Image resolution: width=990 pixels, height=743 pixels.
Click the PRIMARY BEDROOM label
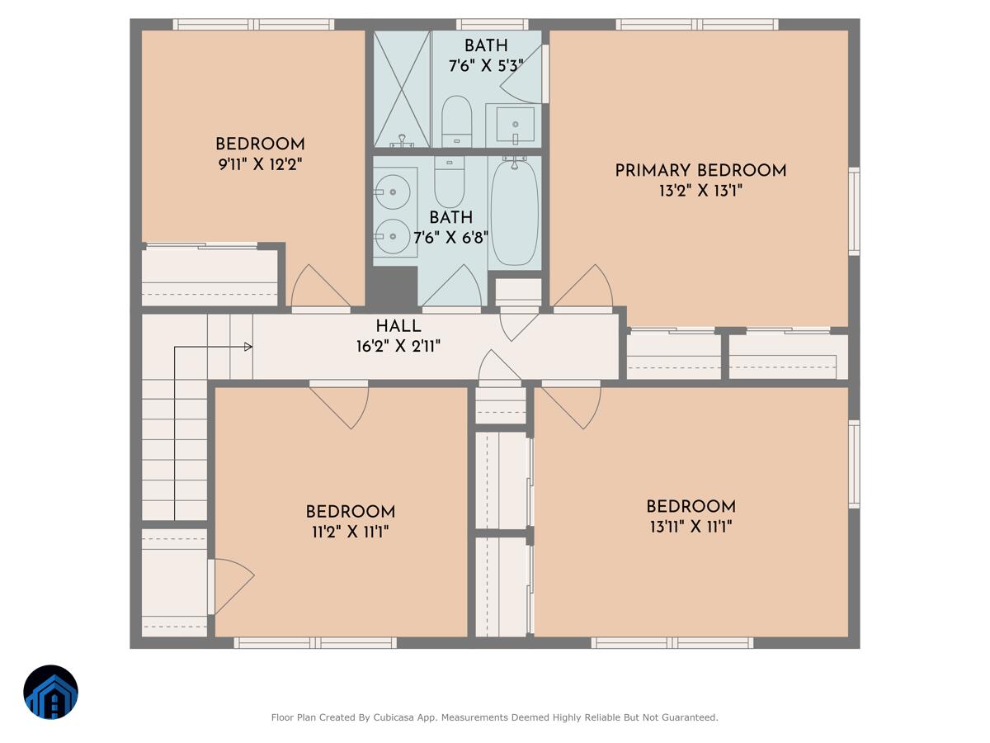point(700,171)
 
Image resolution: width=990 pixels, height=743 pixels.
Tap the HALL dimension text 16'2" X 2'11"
point(398,347)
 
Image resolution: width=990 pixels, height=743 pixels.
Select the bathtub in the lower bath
point(515,212)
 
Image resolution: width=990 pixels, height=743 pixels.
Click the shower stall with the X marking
point(402,89)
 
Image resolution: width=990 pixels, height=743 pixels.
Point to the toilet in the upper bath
point(456,121)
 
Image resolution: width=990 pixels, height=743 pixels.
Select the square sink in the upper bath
point(514,125)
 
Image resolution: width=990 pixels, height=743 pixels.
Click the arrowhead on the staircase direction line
point(247,348)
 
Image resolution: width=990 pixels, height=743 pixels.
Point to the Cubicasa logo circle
point(50,693)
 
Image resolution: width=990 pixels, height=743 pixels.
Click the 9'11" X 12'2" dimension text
point(260,164)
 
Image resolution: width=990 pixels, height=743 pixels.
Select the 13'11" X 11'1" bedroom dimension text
point(691,527)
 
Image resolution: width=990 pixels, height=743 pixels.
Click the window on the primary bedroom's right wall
point(854,211)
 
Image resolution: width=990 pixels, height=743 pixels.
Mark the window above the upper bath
point(492,25)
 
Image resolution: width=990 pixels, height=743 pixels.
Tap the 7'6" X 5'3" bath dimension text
point(486,66)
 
